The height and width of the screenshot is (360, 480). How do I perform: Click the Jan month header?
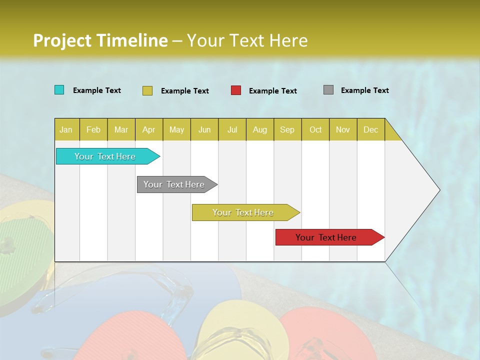coord(66,129)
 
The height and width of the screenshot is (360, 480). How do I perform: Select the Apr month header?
coord(148,129)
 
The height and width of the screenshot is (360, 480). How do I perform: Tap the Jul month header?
coord(232,129)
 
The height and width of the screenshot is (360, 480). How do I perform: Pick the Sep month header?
coord(287,129)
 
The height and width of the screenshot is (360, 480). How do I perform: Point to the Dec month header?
coord(370,129)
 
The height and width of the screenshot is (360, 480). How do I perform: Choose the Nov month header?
coord(342,129)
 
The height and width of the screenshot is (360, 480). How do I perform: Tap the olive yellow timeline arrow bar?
coord(243,212)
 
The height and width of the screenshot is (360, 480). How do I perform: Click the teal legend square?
coord(59,90)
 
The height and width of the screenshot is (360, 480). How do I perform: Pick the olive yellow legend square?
coord(147,90)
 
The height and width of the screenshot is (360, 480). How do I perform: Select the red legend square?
coord(235,90)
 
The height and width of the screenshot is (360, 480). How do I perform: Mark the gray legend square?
coord(328,90)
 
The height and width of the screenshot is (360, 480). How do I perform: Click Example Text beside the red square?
coord(272,91)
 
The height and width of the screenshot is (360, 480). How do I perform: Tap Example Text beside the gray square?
coord(364,90)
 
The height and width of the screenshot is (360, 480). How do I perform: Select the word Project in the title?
coord(62,40)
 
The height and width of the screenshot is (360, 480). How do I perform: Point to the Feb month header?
coord(93,129)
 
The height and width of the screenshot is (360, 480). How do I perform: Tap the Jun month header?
coord(204,129)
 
